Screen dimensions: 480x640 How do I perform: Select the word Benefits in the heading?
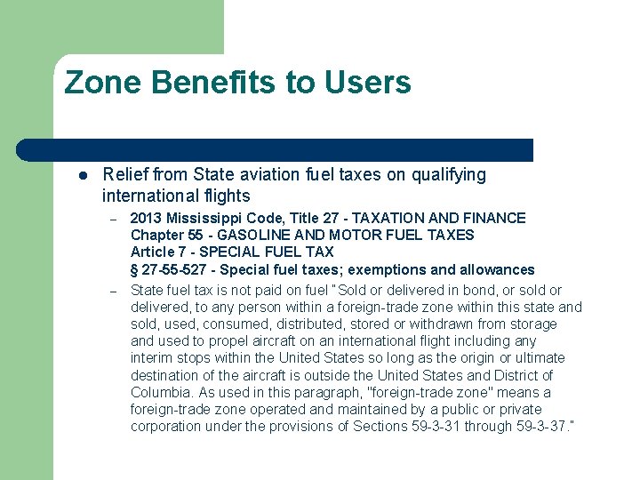coord(214,83)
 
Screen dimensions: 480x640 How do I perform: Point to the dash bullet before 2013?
coord(114,219)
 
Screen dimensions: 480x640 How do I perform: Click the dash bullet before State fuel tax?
coord(114,291)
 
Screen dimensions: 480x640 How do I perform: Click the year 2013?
coord(146,218)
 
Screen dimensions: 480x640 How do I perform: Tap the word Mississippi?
coord(207,218)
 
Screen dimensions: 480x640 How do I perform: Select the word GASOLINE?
coord(252,236)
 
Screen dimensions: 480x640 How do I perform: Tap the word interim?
coord(152,358)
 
